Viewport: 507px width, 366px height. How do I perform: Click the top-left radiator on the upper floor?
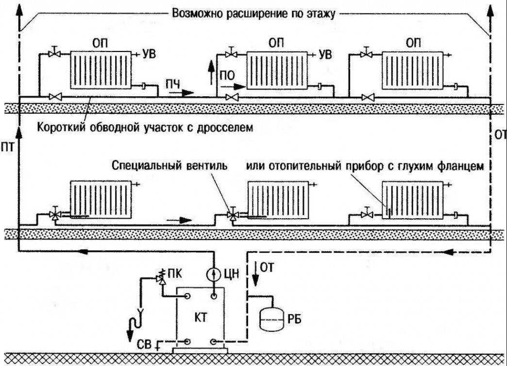coord(101,71)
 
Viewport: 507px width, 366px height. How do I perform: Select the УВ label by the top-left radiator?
coord(149,53)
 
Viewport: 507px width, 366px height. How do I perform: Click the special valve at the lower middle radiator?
coord(233,214)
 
